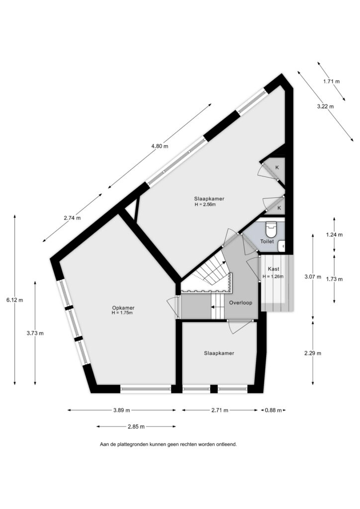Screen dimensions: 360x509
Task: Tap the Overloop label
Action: [x=241, y=303]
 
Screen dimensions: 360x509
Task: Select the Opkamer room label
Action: [x=123, y=308]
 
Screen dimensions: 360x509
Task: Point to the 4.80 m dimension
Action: [x=160, y=146]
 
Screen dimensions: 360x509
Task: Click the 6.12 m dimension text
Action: [x=14, y=300]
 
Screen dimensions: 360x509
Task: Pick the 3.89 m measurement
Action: [x=122, y=410]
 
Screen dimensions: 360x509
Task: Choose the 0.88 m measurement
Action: [x=273, y=410]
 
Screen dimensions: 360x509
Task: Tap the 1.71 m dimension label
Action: [x=332, y=82]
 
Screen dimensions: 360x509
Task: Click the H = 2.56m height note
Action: [x=205, y=204]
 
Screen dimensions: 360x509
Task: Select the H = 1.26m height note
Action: [x=273, y=276]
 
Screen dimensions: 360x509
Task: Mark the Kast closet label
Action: [x=273, y=269]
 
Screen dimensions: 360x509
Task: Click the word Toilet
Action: [x=267, y=242]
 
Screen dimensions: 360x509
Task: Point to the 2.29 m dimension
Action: [x=313, y=353]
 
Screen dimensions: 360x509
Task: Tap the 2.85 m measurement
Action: [x=136, y=426]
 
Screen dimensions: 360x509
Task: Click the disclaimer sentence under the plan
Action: [x=169, y=444]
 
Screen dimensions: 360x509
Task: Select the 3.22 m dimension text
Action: [x=326, y=106]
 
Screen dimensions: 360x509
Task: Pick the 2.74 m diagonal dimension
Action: [x=72, y=218]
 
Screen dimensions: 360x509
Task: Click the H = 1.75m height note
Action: [x=122, y=313]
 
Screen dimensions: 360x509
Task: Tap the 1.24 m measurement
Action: [x=334, y=235]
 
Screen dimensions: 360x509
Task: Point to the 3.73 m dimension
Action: [x=35, y=333]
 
